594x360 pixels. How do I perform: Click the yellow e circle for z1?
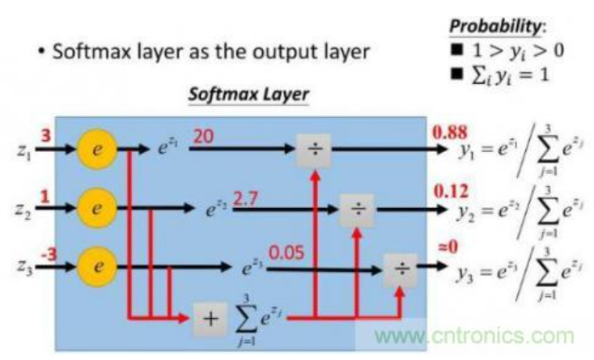[x=96, y=150]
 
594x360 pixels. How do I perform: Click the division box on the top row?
[x=312, y=150]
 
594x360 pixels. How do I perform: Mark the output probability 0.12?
[x=449, y=191]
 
